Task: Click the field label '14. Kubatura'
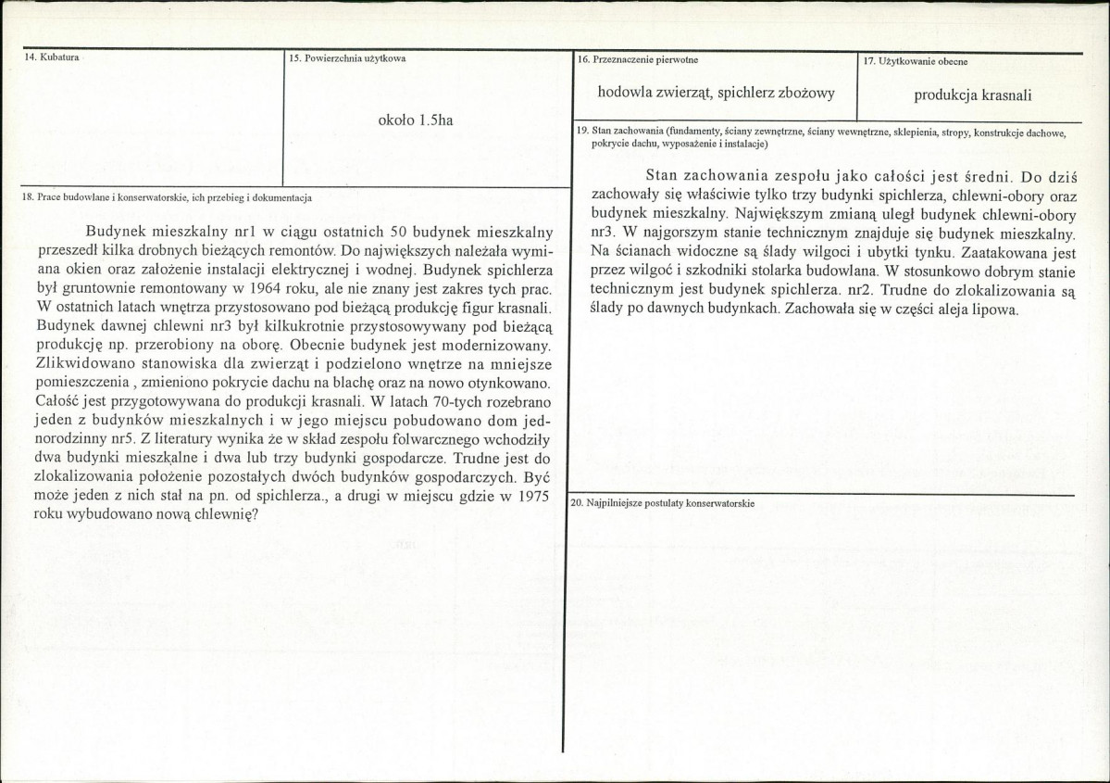52,58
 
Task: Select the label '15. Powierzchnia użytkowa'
347,58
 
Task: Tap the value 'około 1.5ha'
416,120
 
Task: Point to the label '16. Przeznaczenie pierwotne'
638,59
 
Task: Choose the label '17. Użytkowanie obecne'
916,61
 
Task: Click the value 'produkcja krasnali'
972,95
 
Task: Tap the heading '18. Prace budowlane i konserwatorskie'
167,197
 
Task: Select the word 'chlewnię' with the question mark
223,515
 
